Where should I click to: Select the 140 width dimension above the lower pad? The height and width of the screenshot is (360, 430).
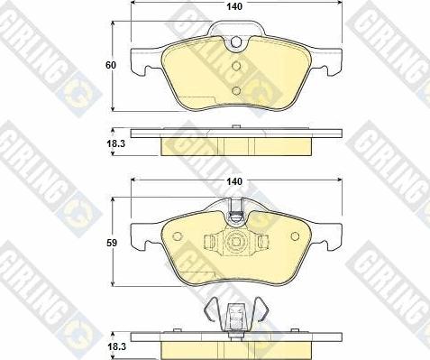235,181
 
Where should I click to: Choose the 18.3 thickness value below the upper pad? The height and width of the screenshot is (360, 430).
114,143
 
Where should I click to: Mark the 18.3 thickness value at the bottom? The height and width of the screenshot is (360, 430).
114,345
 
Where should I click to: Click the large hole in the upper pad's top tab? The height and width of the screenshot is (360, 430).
236,42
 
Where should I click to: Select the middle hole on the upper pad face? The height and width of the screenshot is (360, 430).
236,67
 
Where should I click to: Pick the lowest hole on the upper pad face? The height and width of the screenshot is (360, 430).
236,89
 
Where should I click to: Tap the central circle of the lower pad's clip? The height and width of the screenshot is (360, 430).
235,242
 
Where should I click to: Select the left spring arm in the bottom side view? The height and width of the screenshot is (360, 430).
210,310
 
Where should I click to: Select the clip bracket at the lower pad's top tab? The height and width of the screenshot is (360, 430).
235,215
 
